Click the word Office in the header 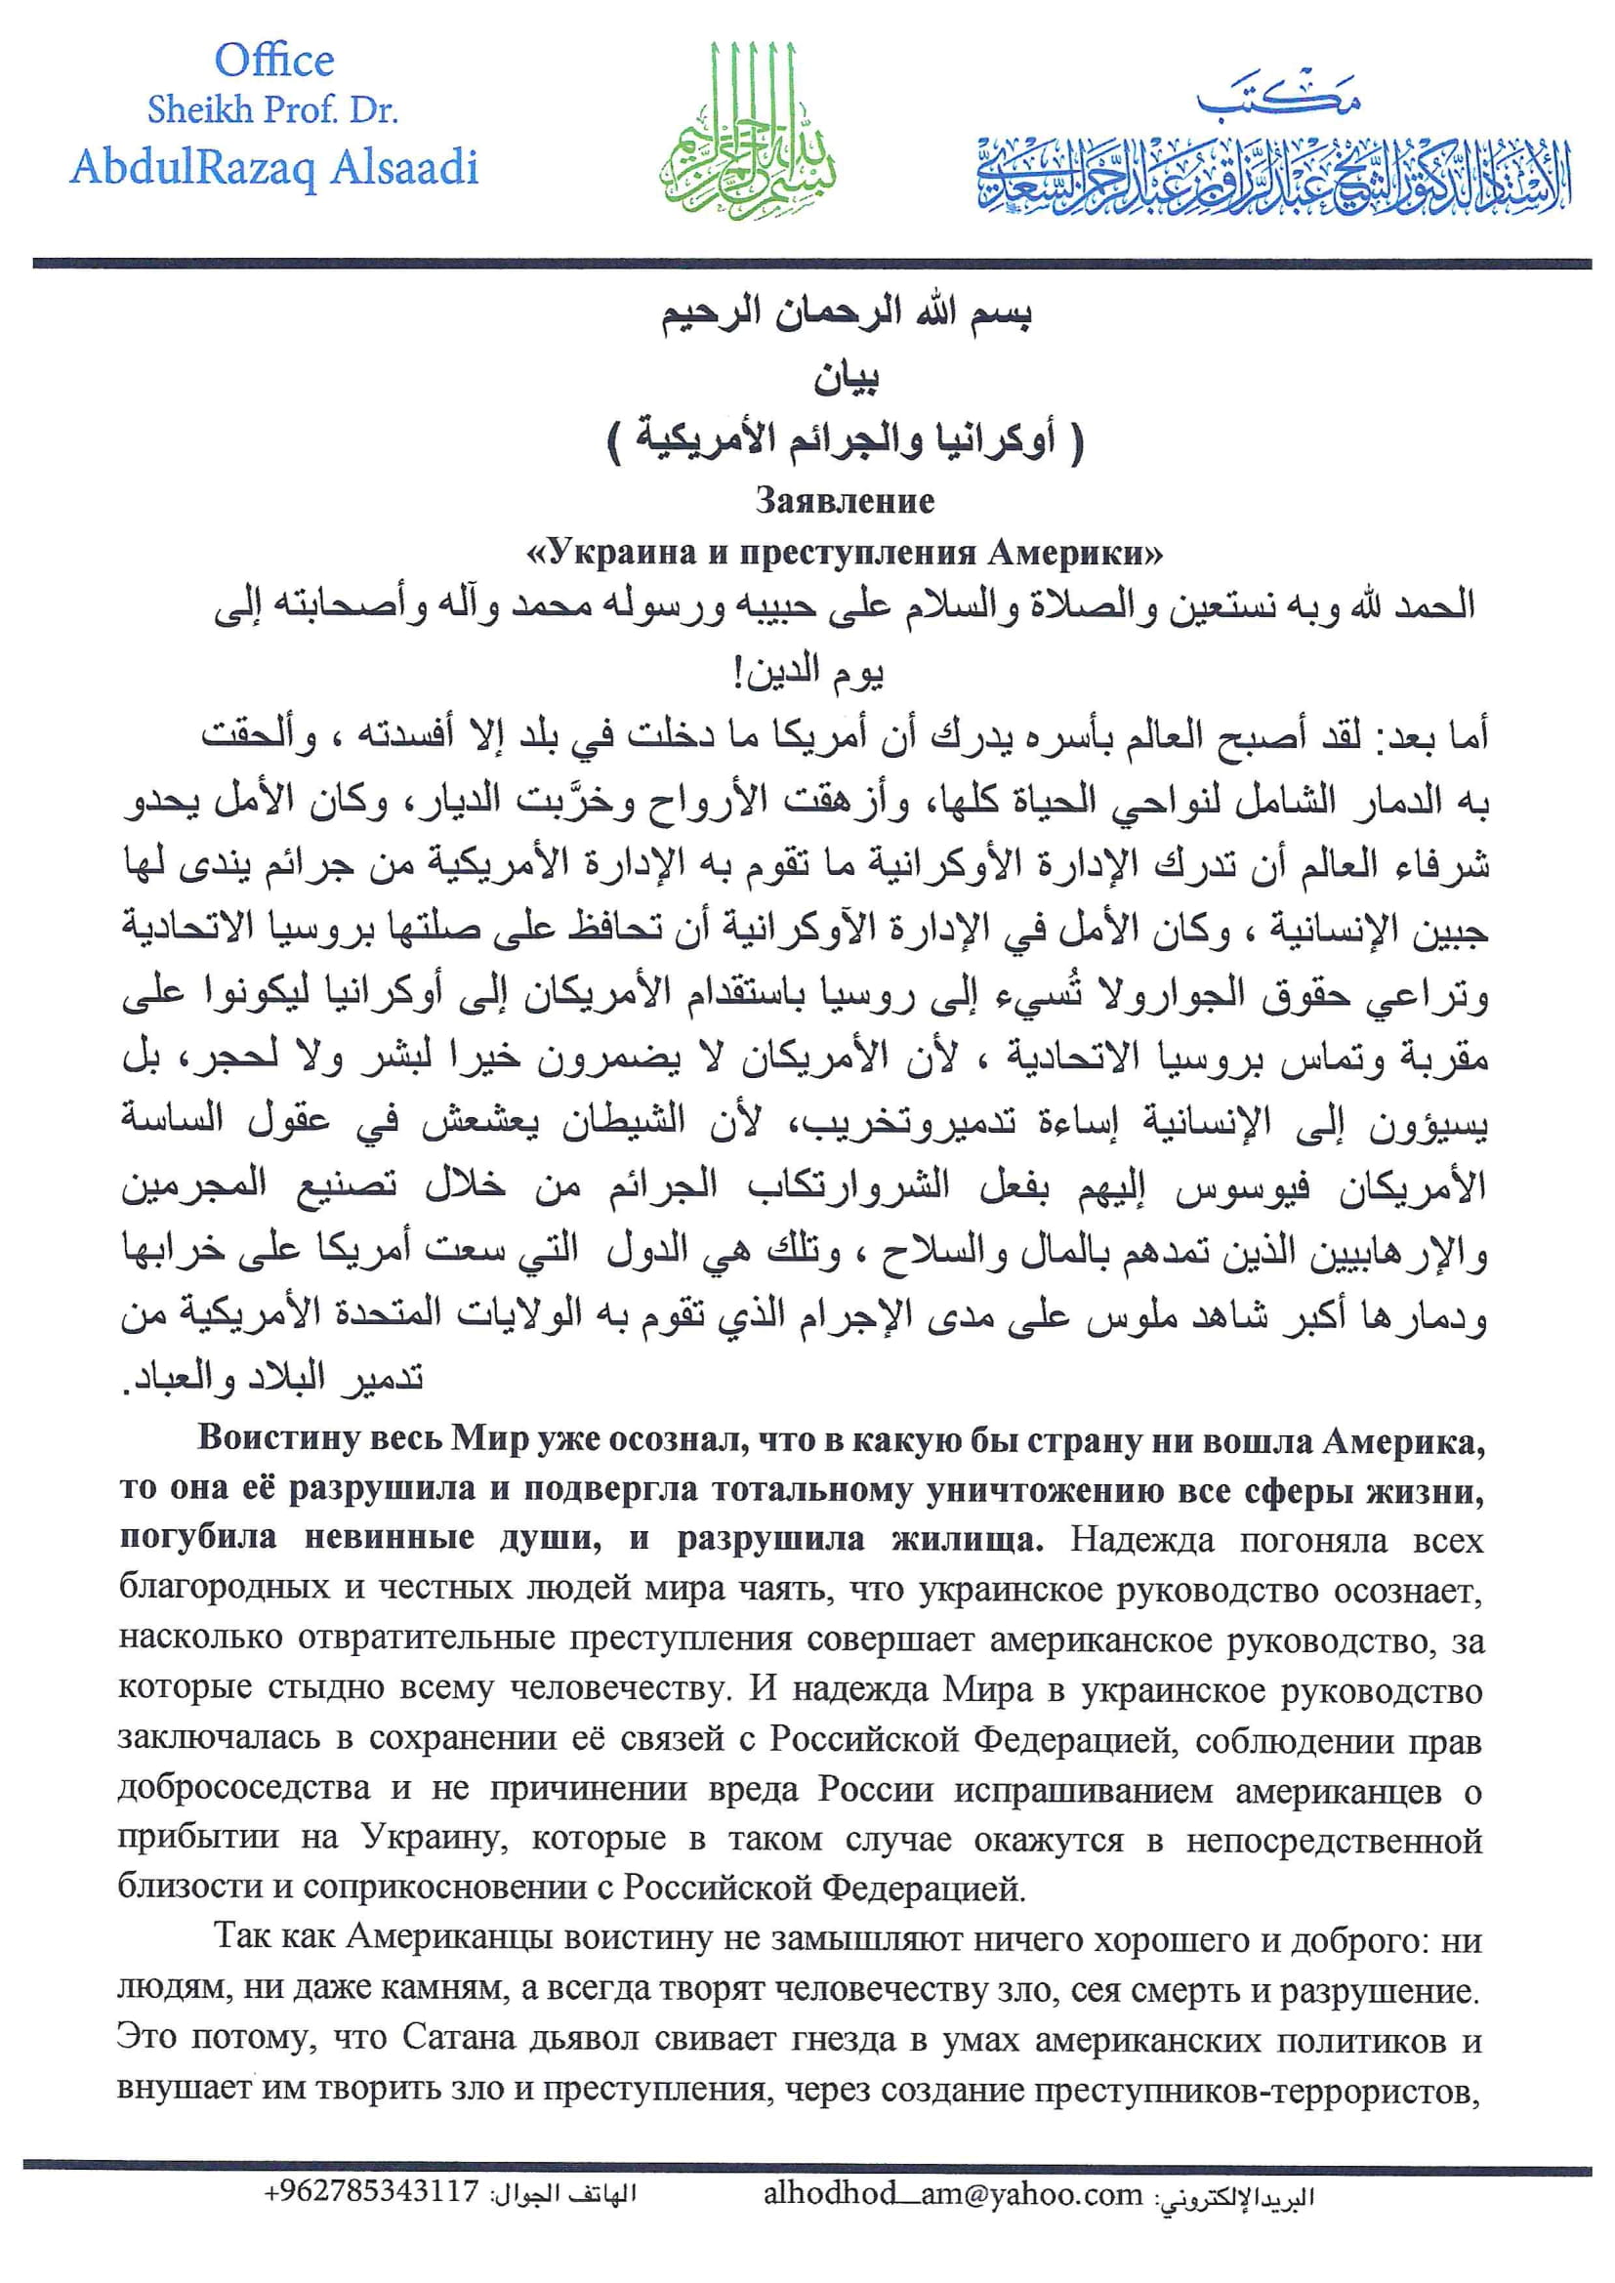pyautogui.click(x=274, y=62)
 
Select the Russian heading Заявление pyautogui.click(x=845, y=500)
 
